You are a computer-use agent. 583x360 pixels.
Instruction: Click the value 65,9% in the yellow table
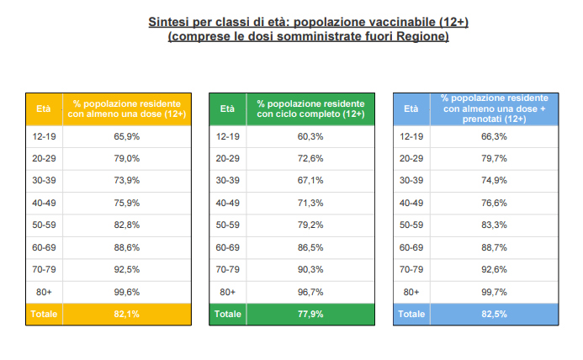[x=127, y=136]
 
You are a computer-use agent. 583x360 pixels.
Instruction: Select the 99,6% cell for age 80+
[x=127, y=291]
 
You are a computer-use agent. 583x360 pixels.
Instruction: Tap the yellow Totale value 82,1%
[x=127, y=314]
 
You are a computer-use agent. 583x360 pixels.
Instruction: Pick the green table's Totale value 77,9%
[x=310, y=314]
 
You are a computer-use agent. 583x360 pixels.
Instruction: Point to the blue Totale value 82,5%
[x=494, y=314]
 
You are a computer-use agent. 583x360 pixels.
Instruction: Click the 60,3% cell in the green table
[x=310, y=136]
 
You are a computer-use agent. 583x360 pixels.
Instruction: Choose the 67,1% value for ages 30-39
[x=310, y=180]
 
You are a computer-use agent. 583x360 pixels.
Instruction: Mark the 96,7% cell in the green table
[x=310, y=291]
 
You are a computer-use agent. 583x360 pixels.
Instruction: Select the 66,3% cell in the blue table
[x=494, y=136]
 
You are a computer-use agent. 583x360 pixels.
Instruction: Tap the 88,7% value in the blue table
[x=494, y=247]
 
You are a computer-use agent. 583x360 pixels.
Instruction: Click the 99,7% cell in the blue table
[x=494, y=291]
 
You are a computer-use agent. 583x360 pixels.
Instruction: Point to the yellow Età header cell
[x=43, y=109]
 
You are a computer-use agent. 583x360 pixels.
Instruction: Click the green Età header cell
[x=227, y=109]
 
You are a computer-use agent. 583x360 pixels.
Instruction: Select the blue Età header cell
[x=411, y=109]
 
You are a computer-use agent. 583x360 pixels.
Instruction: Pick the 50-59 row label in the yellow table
[x=43, y=225]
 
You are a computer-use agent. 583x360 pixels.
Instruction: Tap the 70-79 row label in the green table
[x=227, y=269]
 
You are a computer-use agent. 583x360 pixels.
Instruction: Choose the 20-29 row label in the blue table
[x=411, y=158]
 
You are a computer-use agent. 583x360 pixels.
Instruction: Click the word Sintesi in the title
[x=170, y=21]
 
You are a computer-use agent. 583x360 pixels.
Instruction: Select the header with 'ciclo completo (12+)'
[x=310, y=109]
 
